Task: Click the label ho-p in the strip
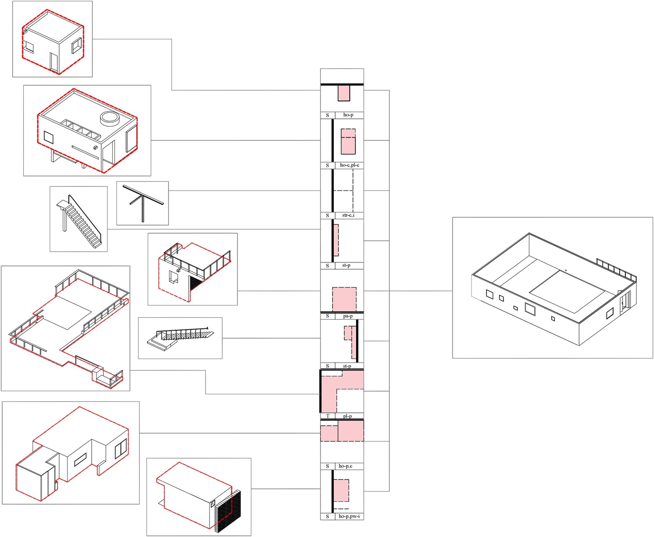click(348, 115)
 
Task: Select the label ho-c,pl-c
click(349, 165)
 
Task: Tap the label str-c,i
click(348, 215)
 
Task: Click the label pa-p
click(348, 316)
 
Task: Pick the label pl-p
click(347, 416)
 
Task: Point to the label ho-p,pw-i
click(349, 516)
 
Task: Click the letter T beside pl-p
click(328, 416)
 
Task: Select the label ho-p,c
click(345, 466)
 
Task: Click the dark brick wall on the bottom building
click(228, 512)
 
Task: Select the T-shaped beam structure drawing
click(143, 203)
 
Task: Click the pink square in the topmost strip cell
click(344, 93)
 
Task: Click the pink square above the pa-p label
click(344, 299)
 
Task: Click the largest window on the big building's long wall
click(530, 309)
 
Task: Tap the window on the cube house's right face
click(77, 46)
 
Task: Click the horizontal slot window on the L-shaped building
click(80, 459)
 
